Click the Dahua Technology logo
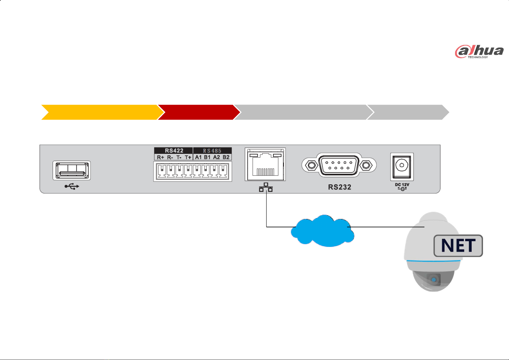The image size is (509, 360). (479, 51)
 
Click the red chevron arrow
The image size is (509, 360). (198, 112)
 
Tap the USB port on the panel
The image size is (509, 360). (72, 170)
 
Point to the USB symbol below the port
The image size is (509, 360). (72, 186)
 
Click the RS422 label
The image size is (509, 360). (174, 151)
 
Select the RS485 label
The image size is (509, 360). (212, 151)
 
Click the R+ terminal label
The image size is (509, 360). (160, 157)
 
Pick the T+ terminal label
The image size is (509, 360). (188, 157)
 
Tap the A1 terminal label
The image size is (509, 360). (198, 157)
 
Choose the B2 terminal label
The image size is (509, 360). (226, 157)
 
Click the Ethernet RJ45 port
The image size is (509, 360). (265, 164)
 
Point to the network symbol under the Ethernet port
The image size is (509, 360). (266, 187)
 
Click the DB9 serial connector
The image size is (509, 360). (339, 165)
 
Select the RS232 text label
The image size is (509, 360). (340, 187)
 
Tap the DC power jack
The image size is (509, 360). (402, 167)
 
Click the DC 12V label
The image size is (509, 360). (402, 186)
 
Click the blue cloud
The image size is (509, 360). (322, 231)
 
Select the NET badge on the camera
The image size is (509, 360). (458, 246)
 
